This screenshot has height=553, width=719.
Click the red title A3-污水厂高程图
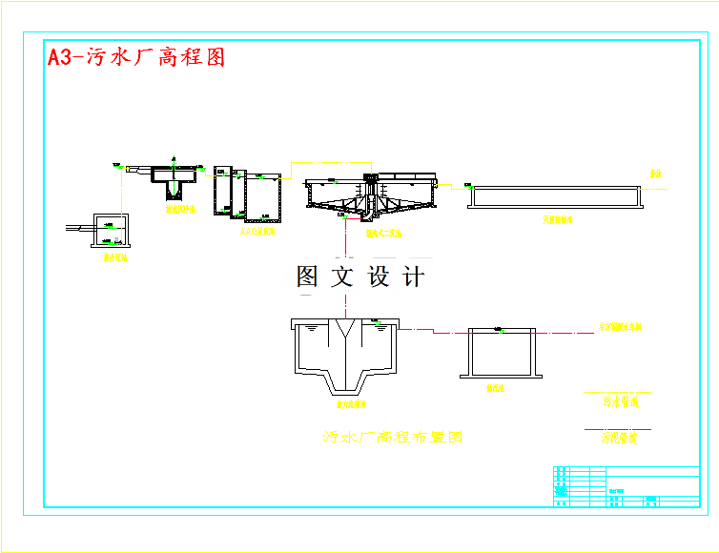point(136,57)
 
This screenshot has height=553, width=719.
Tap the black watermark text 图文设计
point(360,277)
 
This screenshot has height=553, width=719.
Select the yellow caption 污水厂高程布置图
point(393,438)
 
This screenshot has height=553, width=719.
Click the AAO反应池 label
point(257,231)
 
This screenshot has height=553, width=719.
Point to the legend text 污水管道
point(620,402)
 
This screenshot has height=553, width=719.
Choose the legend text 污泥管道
point(620,440)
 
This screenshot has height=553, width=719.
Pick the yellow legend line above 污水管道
point(619,393)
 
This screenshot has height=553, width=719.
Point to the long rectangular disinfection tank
point(554,196)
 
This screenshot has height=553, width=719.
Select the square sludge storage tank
point(500,353)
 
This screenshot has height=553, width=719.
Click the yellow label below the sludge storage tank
point(495,389)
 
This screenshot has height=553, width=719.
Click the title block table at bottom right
point(626,486)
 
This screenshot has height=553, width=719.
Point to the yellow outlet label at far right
point(656,174)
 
